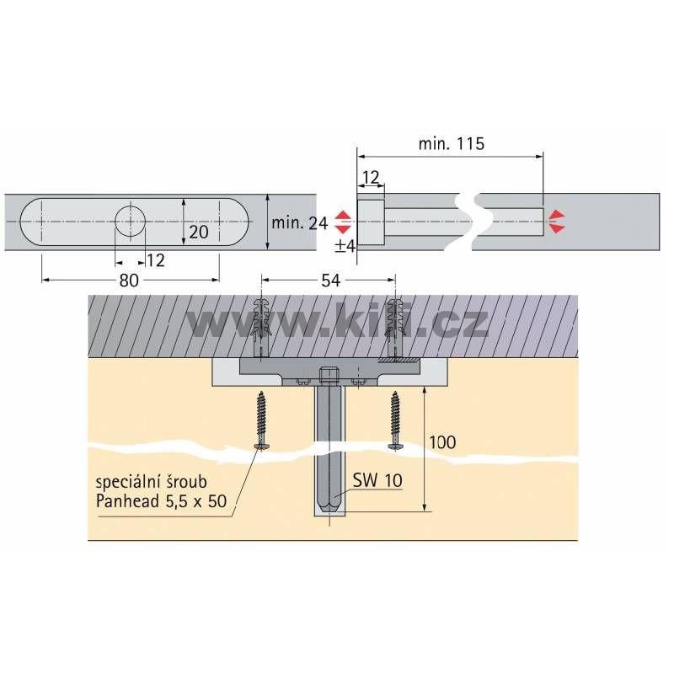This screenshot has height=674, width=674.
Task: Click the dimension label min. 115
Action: point(452,143)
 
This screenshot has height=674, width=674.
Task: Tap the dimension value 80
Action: point(129,281)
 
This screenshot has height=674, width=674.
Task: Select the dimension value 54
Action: point(330,281)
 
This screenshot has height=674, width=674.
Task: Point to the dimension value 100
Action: point(443,442)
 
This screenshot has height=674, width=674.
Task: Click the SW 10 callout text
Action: point(377,480)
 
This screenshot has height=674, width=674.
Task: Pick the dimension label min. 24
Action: point(300,222)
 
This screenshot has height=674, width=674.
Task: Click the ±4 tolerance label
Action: point(345,246)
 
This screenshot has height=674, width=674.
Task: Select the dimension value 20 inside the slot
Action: point(199,233)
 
